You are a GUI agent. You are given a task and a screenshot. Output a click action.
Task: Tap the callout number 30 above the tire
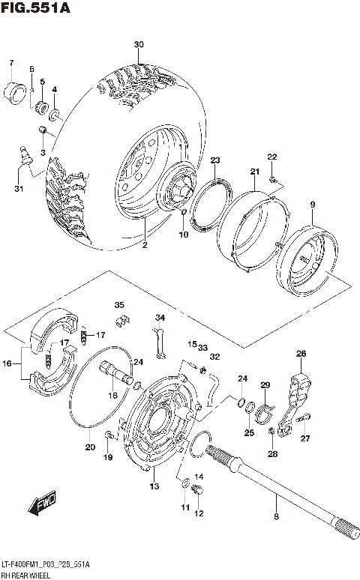(139, 45)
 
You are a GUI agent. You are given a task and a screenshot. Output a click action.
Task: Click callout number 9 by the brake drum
(313, 205)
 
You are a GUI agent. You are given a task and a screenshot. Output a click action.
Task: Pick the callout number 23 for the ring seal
(214, 160)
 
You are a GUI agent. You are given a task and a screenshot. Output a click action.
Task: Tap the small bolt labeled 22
(277, 179)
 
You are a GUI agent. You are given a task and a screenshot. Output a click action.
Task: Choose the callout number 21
(254, 172)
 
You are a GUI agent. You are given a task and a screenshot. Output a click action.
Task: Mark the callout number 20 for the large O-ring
(90, 447)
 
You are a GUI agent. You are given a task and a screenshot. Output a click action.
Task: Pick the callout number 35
(118, 305)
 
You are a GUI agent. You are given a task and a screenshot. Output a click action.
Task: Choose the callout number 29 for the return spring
(264, 385)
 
